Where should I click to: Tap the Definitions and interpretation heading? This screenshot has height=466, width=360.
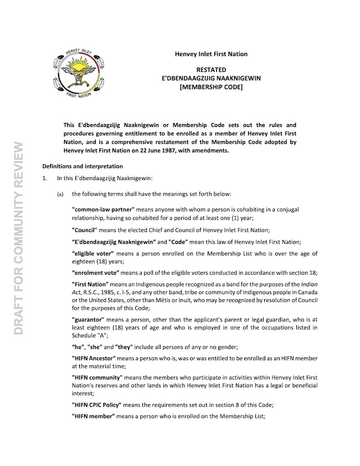click(x=83, y=166)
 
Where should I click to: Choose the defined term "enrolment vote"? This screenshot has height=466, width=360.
click(x=95, y=273)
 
